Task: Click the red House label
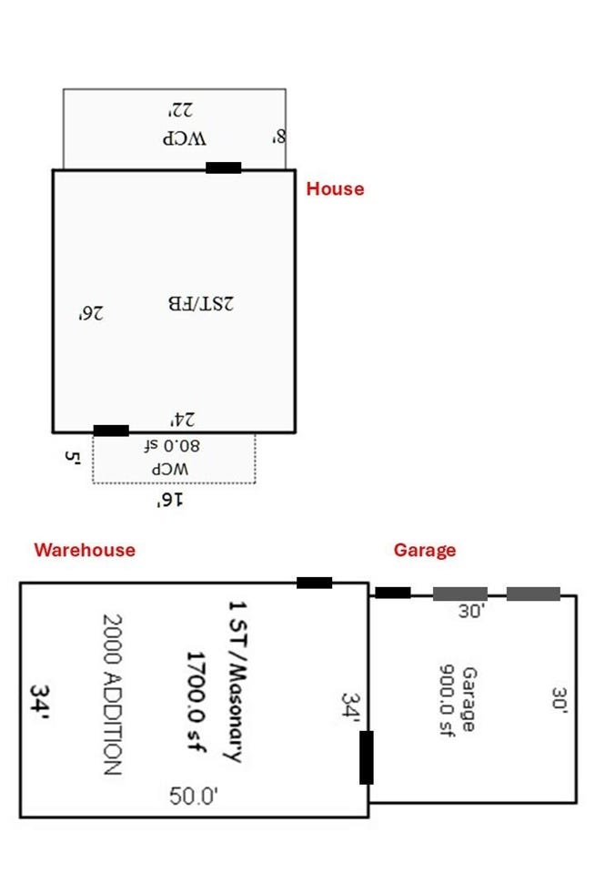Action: [x=335, y=188]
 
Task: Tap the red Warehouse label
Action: [x=85, y=550]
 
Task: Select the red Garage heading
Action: [x=425, y=550]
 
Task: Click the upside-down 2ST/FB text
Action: [x=201, y=303]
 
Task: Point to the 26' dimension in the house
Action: [x=91, y=313]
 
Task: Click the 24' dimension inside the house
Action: [x=183, y=419]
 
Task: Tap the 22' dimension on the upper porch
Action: [x=181, y=109]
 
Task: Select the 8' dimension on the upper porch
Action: [x=279, y=136]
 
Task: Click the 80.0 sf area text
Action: [x=171, y=446]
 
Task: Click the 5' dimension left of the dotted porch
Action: [x=73, y=458]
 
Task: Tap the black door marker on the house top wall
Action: [x=223, y=167]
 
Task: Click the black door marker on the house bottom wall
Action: [x=111, y=431]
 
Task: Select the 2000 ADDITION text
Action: [x=112, y=695]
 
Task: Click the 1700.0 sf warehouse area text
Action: [x=196, y=702]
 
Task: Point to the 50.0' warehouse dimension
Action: [x=194, y=796]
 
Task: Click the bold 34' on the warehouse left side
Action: [x=39, y=702]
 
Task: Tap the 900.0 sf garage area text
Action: [x=447, y=700]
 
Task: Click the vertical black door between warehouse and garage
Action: [x=367, y=757]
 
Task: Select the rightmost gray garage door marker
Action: [x=533, y=594]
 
